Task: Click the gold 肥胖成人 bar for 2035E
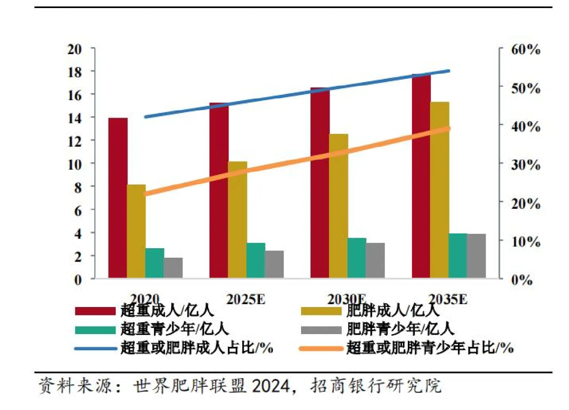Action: click(440, 190)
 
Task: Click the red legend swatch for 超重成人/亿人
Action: click(95, 311)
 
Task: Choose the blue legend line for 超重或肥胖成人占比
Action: click(95, 348)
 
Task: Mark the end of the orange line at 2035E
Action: click(449, 128)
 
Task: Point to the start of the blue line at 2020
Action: click(146, 117)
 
